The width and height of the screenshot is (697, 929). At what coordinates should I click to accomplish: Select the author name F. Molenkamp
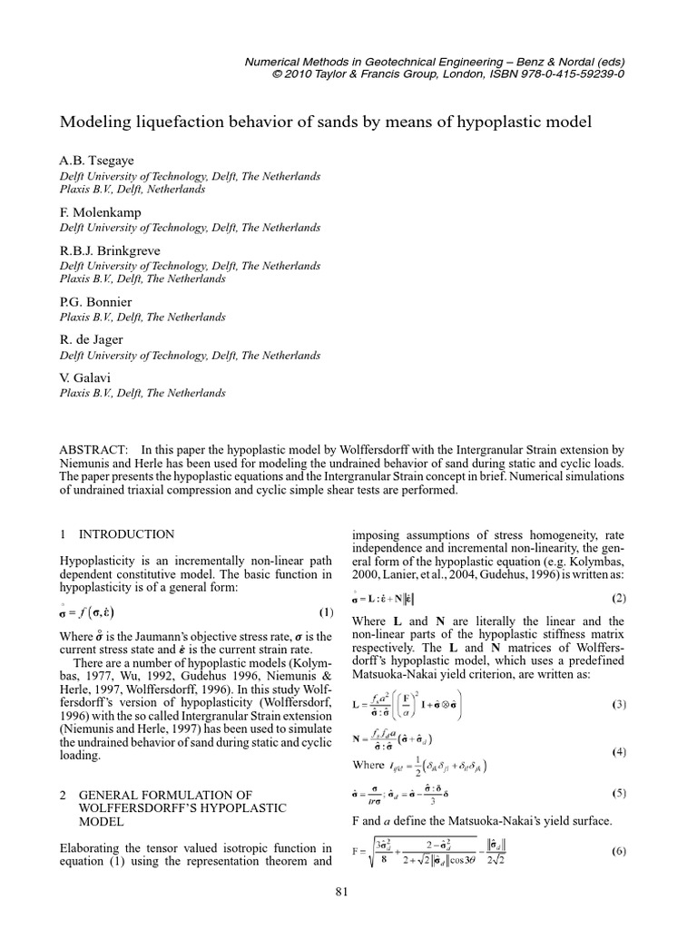coord(99,212)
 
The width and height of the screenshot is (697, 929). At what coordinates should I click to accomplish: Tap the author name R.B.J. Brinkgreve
coord(108,250)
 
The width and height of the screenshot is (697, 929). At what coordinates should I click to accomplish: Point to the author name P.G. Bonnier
coord(95,301)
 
